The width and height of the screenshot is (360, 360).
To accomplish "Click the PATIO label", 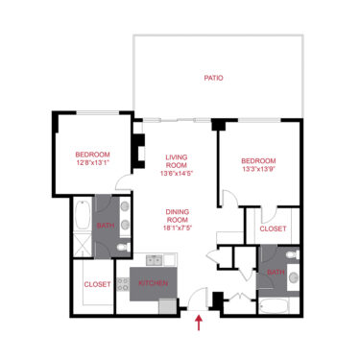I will tap(214, 78).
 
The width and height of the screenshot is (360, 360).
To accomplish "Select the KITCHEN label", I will tap(154, 284).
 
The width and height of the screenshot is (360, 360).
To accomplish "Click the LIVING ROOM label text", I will tap(176, 162).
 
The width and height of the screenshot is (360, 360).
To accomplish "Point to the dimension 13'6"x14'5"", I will tap(176, 174).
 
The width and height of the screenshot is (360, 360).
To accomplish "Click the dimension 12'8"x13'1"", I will tap(93, 163).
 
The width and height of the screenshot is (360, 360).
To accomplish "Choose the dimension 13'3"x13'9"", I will tap(258, 169).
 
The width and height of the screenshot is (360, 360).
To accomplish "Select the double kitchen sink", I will tap(152, 259).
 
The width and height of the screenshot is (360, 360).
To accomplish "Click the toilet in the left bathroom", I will tap(121, 249).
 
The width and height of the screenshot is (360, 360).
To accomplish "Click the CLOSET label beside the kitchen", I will tap(97, 284).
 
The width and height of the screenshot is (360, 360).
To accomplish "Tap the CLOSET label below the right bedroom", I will tap(274, 229).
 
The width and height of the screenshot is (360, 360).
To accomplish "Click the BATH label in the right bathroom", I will tap(275, 273).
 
